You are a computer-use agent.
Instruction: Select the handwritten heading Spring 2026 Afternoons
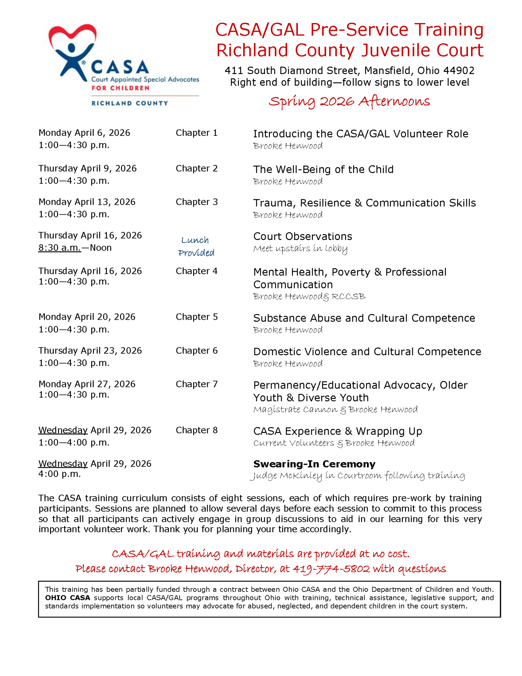[x=349, y=101]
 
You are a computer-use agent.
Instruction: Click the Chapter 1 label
[x=196, y=133]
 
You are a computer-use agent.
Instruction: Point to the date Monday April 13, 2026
[x=87, y=202]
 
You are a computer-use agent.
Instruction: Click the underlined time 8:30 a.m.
[x=59, y=248]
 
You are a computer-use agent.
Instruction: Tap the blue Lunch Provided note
[x=196, y=246]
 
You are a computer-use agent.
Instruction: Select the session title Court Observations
[x=302, y=236]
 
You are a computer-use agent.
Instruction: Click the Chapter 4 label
[x=196, y=271]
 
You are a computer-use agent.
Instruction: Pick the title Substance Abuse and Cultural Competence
[x=364, y=318]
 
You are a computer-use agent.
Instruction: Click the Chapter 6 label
[x=196, y=351]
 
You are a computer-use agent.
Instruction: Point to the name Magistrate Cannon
[x=295, y=410]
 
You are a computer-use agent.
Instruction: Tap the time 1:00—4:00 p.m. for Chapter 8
[x=74, y=442]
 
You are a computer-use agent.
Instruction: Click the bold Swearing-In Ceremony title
[x=314, y=464]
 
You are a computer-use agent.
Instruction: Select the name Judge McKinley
[x=286, y=476]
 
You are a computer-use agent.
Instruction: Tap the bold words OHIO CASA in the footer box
[x=68, y=598]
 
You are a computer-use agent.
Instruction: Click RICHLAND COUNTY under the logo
[x=130, y=103]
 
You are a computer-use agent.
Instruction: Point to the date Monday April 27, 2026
[x=87, y=384]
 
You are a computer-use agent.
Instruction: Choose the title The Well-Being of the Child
[x=323, y=169]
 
